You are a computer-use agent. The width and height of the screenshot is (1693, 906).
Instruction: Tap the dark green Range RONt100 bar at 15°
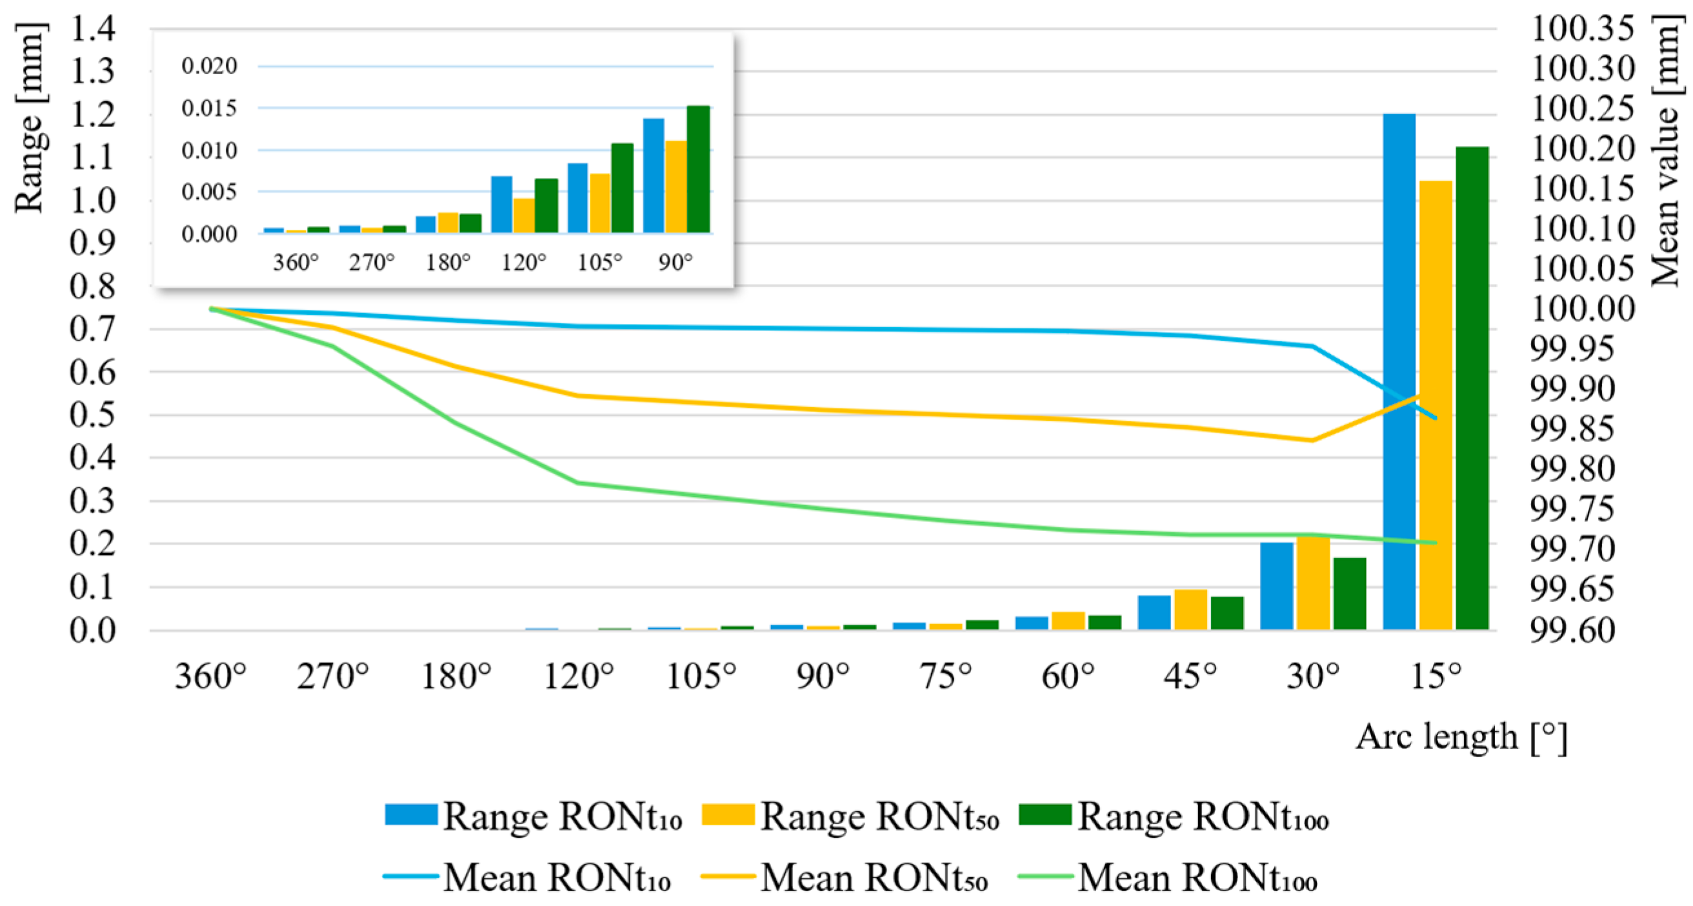pos(1472,388)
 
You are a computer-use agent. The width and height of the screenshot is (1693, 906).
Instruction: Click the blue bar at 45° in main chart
pos(1154,612)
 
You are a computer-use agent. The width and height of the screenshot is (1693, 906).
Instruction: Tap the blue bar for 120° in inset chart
pos(501,205)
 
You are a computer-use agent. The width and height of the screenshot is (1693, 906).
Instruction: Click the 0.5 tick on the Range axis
pos(92,414)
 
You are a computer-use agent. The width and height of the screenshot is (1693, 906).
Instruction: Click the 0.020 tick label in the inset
pos(209,66)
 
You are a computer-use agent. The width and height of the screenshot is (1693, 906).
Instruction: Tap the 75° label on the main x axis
pos(946,676)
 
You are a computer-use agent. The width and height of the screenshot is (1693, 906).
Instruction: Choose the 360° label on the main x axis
pos(210,676)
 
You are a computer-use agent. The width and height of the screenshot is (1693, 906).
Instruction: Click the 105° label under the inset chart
pos(599,263)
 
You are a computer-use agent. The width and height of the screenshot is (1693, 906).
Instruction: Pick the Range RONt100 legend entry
pos(1174,817)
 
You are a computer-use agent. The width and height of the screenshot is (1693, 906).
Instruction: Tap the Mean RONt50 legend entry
pos(845,877)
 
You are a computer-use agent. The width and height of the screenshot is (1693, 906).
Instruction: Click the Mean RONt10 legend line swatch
pos(410,876)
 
